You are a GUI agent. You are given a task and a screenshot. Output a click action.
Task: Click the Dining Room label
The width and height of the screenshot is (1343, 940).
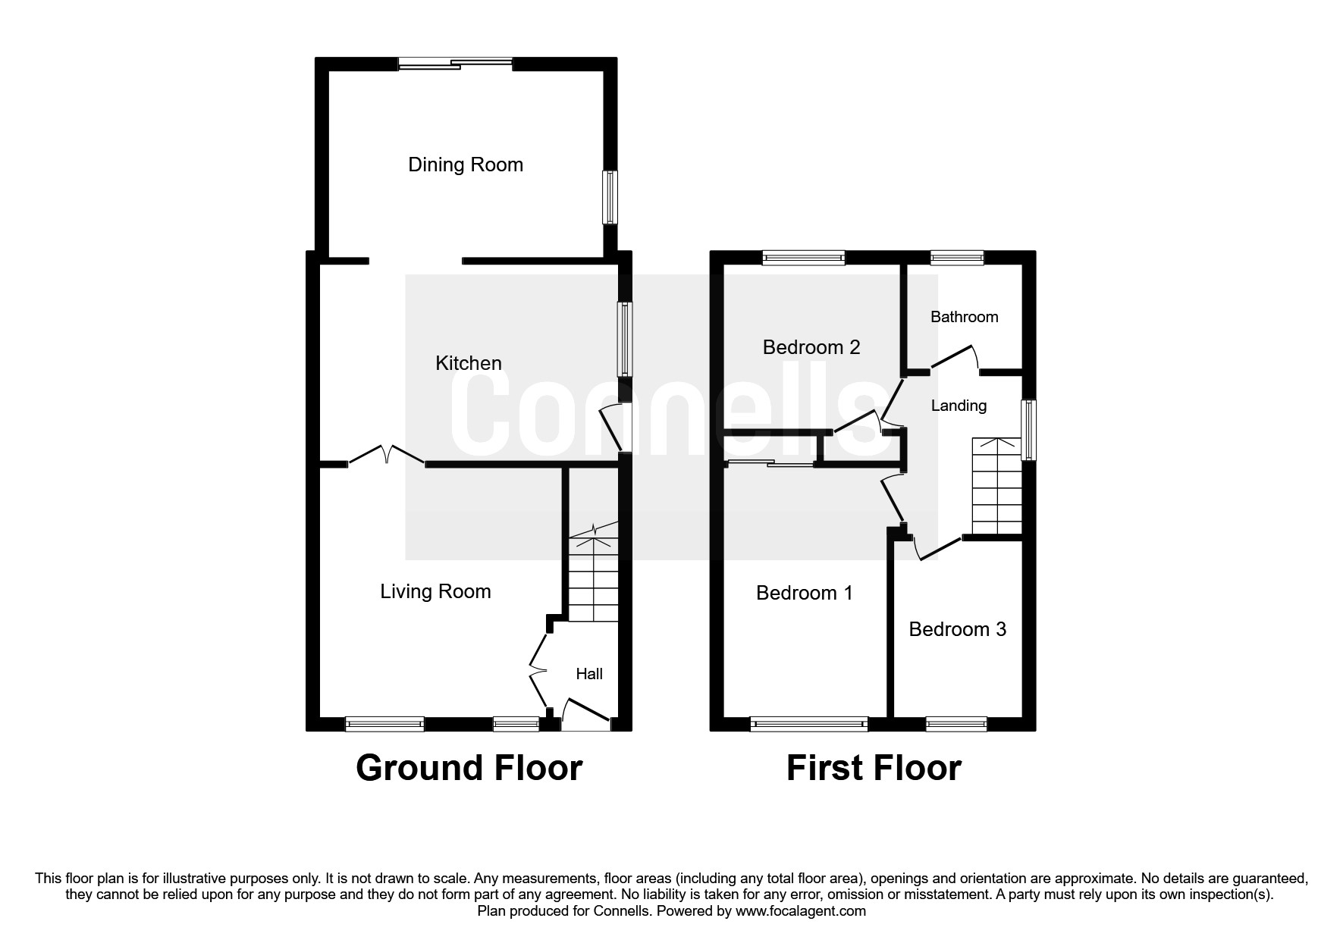click(x=466, y=165)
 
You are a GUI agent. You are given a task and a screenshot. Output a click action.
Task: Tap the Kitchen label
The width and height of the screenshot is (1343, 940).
click(x=469, y=363)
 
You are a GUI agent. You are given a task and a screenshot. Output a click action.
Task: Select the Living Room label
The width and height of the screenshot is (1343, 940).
click(x=435, y=592)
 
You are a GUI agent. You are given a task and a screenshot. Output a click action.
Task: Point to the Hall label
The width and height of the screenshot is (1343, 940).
click(x=589, y=674)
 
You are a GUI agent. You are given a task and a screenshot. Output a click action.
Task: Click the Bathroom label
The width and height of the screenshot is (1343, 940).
click(x=964, y=317)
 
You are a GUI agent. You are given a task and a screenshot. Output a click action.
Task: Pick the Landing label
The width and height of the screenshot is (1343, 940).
click(x=959, y=406)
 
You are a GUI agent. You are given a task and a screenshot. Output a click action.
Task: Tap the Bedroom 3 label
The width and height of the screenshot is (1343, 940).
click(x=957, y=629)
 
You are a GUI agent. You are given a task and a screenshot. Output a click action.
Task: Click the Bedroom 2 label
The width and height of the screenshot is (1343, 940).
click(x=811, y=347)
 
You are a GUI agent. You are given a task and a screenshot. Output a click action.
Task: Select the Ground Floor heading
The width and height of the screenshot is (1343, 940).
click(x=469, y=768)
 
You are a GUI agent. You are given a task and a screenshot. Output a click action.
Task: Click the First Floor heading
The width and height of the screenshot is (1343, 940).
click(x=874, y=768)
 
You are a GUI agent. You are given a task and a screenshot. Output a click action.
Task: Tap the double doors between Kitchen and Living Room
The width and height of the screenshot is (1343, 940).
click(x=387, y=455)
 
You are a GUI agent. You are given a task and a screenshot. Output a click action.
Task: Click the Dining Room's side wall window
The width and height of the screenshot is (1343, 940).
click(x=610, y=197)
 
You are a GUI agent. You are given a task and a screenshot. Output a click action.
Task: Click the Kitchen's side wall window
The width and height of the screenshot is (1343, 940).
click(x=624, y=339)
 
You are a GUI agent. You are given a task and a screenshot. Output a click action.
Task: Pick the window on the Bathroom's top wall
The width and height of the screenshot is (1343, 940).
click(x=957, y=257)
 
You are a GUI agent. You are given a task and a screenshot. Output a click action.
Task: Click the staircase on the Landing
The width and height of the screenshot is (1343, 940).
click(x=996, y=486)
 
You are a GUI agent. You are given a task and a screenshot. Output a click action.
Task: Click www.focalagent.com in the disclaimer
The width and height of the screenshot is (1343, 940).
click(x=801, y=911)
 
